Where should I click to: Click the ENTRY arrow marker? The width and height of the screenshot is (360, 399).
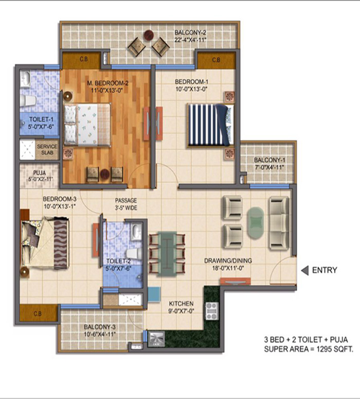pos(305,270)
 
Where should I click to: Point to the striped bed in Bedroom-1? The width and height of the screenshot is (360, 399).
pos(211,125)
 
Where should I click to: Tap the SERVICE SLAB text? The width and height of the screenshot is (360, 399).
pos(47,150)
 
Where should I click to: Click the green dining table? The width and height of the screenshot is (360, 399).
pos(167,254)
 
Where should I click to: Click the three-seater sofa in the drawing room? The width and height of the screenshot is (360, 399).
pos(279,223)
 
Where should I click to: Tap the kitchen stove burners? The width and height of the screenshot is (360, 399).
pos(212,310)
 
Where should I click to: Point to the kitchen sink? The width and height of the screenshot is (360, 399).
pos(156,339)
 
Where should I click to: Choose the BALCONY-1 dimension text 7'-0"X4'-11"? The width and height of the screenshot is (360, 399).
pos(270,167)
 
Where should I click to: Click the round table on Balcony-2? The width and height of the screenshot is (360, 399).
pos(149,35)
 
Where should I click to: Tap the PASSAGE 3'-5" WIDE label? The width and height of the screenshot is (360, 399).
pos(126,204)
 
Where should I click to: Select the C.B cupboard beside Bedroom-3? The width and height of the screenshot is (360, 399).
pos(38,313)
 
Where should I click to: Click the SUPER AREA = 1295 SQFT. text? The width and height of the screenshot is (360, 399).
pos(309,349)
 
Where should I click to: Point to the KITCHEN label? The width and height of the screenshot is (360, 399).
pos(181,304)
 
